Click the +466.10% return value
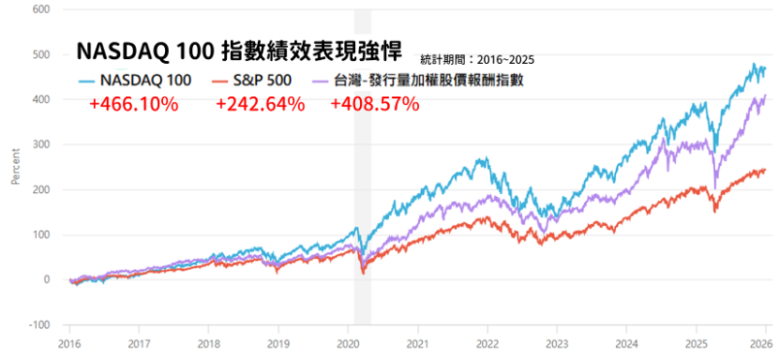pyautogui.click(x=133, y=104)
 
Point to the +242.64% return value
pyautogui.click(x=260, y=104)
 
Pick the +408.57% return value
pyautogui.click(x=374, y=104)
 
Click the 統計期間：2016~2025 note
pyautogui.click(x=478, y=59)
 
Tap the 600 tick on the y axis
pyautogui.click(x=40, y=9)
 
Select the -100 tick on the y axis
pyautogui.click(x=38, y=324)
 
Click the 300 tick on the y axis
pyautogui.click(x=40, y=144)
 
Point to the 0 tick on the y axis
pyautogui.click(x=45, y=279)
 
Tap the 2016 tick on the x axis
pyautogui.click(x=69, y=342)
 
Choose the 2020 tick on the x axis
pyautogui.click(x=348, y=342)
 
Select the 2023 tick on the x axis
pyautogui.click(x=556, y=342)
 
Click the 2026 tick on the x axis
pyautogui.click(x=764, y=342)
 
